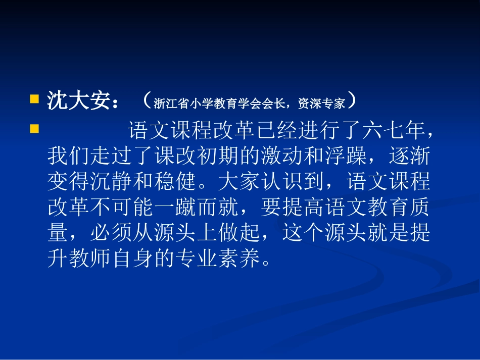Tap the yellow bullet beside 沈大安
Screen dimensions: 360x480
pyautogui.click(x=34, y=98)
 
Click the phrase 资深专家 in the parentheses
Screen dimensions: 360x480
pyautogui.click(x=324, y=104)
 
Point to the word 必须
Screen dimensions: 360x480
pyautogui.click(x=111, y=233)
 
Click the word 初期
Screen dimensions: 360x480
pyautogui.click(x=218, y=157)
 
